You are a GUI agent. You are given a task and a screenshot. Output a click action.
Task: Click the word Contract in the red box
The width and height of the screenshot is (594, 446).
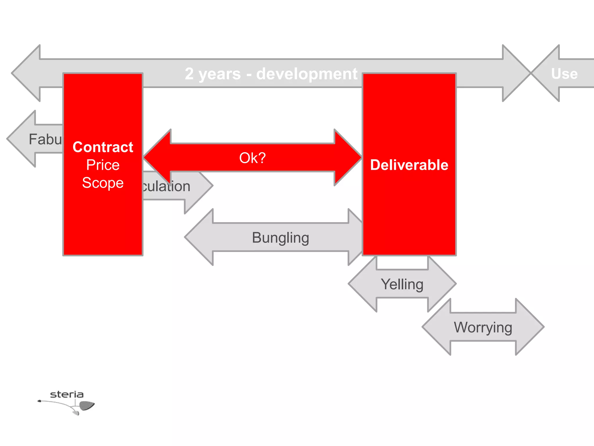[103, 147]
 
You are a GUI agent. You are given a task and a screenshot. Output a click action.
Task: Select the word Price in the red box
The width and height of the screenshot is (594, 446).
[103, 165]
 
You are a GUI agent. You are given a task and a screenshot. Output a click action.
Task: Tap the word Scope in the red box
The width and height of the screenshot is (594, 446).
[103, 183]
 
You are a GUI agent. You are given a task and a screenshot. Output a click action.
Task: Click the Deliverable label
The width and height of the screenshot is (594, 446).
[409, 165]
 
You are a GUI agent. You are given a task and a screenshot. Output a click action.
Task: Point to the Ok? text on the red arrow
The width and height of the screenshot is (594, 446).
[252, 158]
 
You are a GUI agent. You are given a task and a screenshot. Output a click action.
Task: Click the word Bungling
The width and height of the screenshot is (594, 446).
[280, 238]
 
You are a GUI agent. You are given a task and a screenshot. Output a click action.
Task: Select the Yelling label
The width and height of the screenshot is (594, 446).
[402, 284]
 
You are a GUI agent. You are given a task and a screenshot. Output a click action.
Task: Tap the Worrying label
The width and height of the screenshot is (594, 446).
[483, 327]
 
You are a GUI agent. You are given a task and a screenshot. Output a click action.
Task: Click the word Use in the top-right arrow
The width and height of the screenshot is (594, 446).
[564, 73]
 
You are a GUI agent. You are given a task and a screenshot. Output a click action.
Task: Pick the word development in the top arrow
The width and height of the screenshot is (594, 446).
[307, 74]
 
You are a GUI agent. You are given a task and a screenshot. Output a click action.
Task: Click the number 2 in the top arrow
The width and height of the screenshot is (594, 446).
[189, 74]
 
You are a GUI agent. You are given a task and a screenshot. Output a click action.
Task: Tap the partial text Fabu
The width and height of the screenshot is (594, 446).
[45, 139]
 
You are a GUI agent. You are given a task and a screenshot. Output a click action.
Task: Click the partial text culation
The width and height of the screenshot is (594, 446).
[166, 186]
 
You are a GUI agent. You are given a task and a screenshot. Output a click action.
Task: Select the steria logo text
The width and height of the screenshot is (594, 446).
[67, 394]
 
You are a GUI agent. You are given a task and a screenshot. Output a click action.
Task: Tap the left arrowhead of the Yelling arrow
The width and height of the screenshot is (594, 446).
[363, 284]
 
